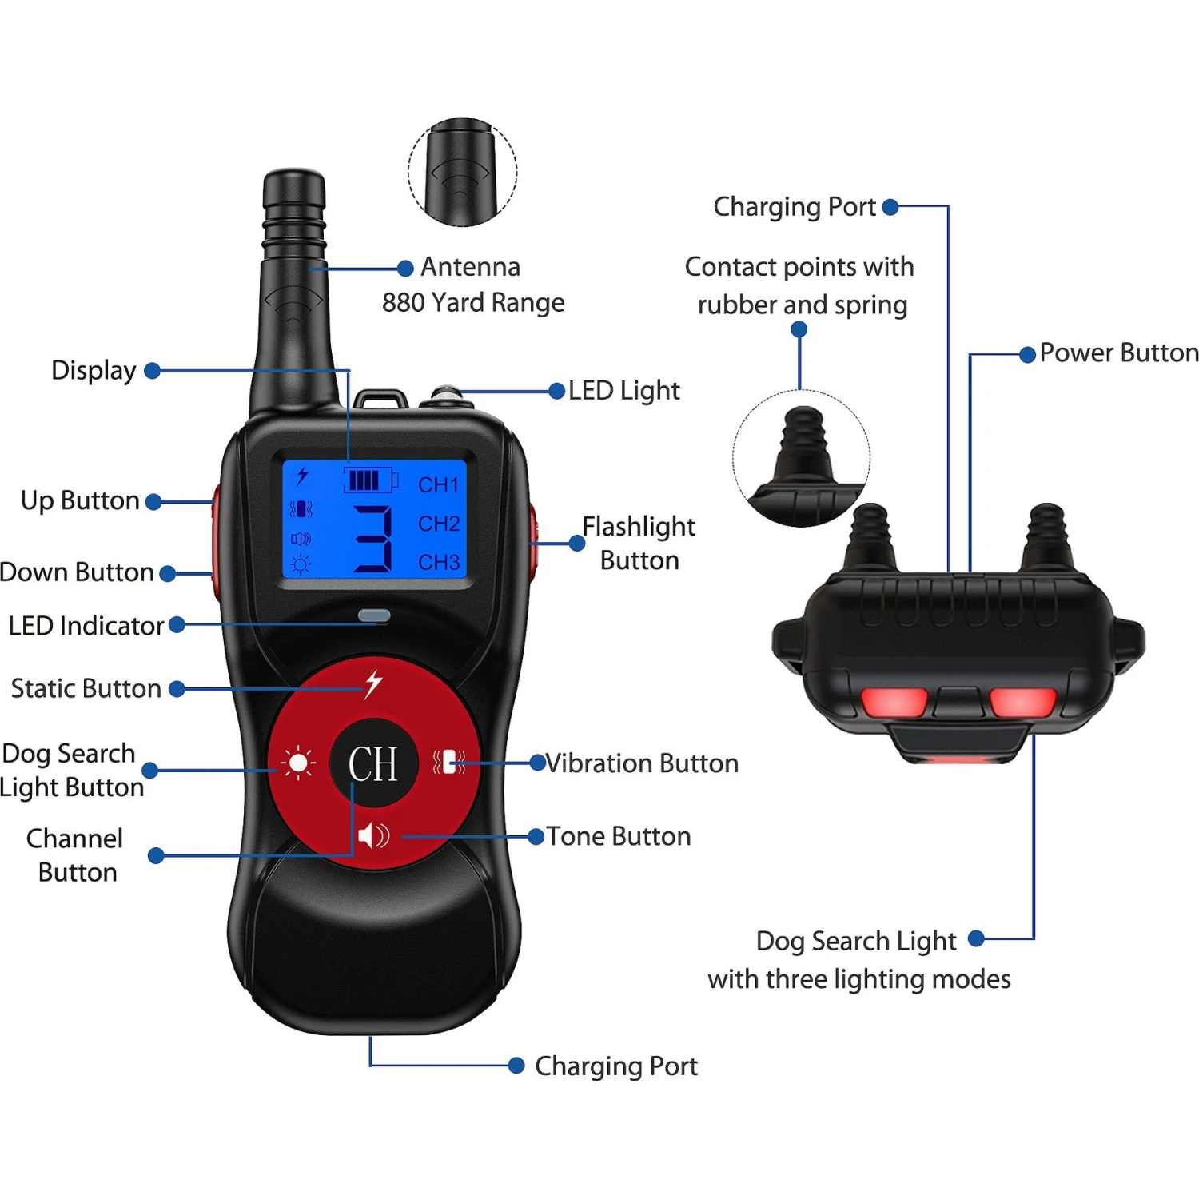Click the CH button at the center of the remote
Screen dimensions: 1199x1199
[x=373, y=763]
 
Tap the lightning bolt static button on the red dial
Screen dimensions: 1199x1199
[x=373, y=684]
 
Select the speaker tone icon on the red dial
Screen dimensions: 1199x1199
[x=373, y=836]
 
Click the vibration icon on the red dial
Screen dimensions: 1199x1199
[x=449, y=762]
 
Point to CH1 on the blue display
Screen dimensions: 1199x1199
[x=439, y=485]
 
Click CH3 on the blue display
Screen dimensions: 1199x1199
[x=439, y=563]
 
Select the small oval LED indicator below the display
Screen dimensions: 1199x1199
[x=374, y=615]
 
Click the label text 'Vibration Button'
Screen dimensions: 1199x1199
[x=642, y=763]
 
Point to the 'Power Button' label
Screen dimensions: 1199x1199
[x=1119, y=353]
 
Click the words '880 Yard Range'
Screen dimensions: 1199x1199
[x=473, y=303]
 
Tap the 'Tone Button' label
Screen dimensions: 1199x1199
[x=619, y=836]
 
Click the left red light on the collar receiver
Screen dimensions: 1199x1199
[x=894, y=703]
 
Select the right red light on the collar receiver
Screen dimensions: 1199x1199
[x=1022, y=703]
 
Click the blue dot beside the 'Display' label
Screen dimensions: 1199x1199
[x=152, y=371]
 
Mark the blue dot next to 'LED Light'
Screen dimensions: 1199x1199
[x=557, y=391]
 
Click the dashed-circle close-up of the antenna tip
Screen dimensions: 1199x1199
[x=463, y=172]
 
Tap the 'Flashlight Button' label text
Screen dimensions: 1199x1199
[x=639, y=544]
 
